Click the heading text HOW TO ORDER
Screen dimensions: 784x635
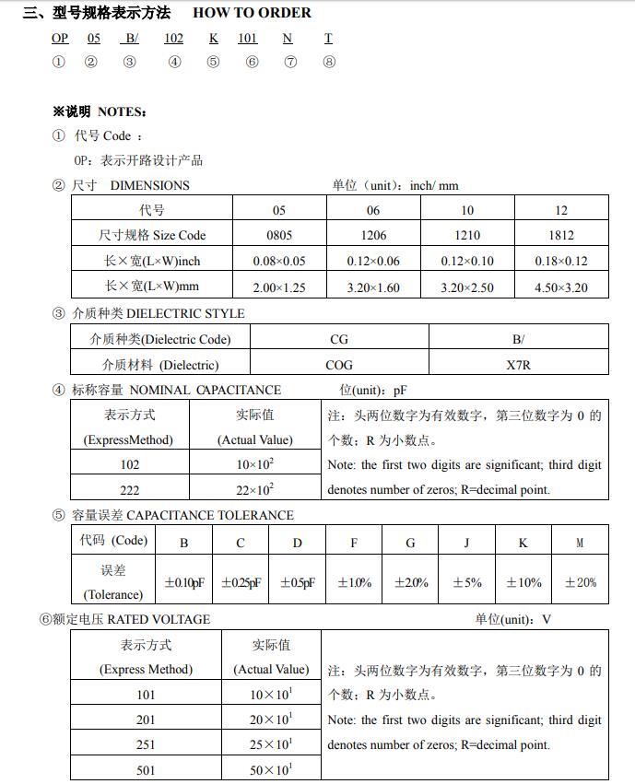pos(252,13)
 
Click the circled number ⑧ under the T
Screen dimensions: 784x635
pos(329,62)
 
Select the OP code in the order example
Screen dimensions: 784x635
pos(60,38)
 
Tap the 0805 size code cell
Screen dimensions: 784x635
pos(279,235)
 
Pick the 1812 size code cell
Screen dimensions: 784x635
pos(561,235)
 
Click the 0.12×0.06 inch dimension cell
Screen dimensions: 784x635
pos(373,261)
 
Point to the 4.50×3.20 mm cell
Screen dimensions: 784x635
pos(561,287)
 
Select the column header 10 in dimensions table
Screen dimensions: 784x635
pos(467,210)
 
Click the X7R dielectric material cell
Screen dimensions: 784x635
pos(519,365)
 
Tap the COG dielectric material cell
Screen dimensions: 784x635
pos(339,365)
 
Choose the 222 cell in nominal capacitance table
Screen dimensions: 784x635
pos(130,489)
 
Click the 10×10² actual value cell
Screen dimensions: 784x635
pos(255,464)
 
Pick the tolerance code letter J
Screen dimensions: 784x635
pos(466,543)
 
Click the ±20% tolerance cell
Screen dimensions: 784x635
pos(581,582)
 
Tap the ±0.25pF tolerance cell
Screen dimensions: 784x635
pos(240,582)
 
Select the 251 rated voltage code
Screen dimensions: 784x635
pos(146,744)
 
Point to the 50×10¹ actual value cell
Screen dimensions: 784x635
pos(271,769)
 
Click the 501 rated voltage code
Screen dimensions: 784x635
pos(146,769)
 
